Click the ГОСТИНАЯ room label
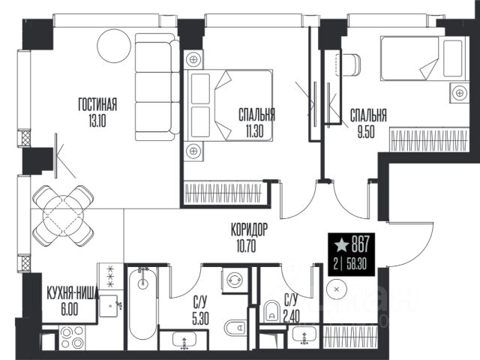[x=97, y=104]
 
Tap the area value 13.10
[x=97, y=121]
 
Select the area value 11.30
[x=254, y=131]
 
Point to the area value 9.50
[x=366, y=132]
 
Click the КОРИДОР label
[x=250, y=229]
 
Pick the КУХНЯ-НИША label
[x=72, y=293]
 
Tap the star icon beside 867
[x=341, y=245]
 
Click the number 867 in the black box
[x=361, y=245]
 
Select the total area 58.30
[x=356, y=264]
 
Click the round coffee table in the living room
[x=114, y=46]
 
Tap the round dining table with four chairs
[x=63, y=215]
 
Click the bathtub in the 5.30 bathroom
[x=142, y=303]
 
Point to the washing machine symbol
[x=235, y=280]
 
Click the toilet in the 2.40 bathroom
[x=271, y=310]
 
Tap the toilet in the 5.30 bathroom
[x=235, y=328]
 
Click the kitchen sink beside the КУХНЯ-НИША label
[x=108, y=305]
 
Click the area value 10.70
[x=247, y=246]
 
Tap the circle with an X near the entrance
[x=337, y=289]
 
